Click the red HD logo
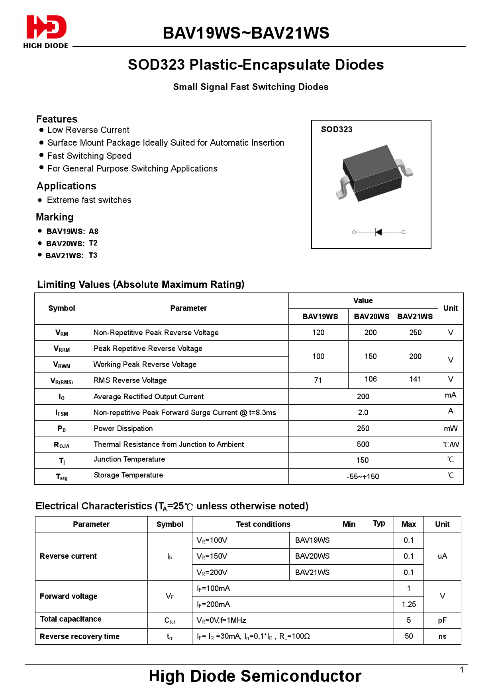[x=46, y=27]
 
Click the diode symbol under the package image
[x=378, y=232]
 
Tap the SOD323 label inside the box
[x=337, y=129]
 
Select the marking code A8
[x=94, y=231]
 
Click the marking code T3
[x=93, y=255]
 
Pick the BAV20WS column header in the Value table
[x=371, y=316]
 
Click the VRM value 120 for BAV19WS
[x=318, y=332]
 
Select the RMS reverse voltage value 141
[x=415, y=379]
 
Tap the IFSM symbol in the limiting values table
[x=61, y=413]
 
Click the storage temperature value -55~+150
[x=363, y=476]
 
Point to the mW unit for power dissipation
[x=451, y=429]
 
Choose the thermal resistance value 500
[x=363, y=444]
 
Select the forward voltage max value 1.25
[x=408, y=604]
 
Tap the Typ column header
[x=378, y=524]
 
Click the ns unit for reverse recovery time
[x=442, y=636]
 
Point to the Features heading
[x=57, y=119]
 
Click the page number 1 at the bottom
[x=462, y=670]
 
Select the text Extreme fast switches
[x=89, y=200]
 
